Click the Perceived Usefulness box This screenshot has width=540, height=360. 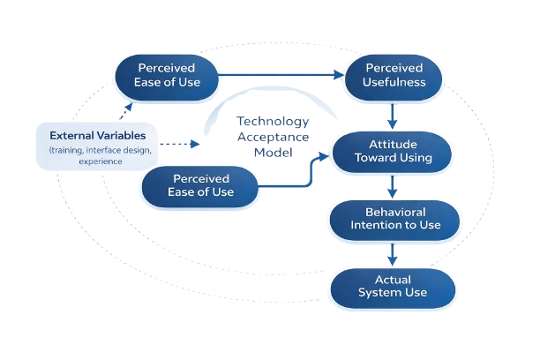(394, 75)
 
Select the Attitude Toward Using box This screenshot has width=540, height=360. (393, 151)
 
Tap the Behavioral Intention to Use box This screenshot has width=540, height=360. (395, 219)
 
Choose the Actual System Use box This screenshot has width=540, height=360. (393, 286)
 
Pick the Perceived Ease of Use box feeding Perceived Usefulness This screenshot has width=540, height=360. (167, 75)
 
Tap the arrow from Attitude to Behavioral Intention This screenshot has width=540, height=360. (394, 185)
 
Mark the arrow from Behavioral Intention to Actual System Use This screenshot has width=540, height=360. (394, 253)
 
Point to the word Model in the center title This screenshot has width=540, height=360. (273, 151)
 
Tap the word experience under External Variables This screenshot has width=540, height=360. (101, 162)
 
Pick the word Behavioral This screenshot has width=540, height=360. (395, 212)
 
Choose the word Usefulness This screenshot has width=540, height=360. (395, 82)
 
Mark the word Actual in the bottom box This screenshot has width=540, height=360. (393, 279)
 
